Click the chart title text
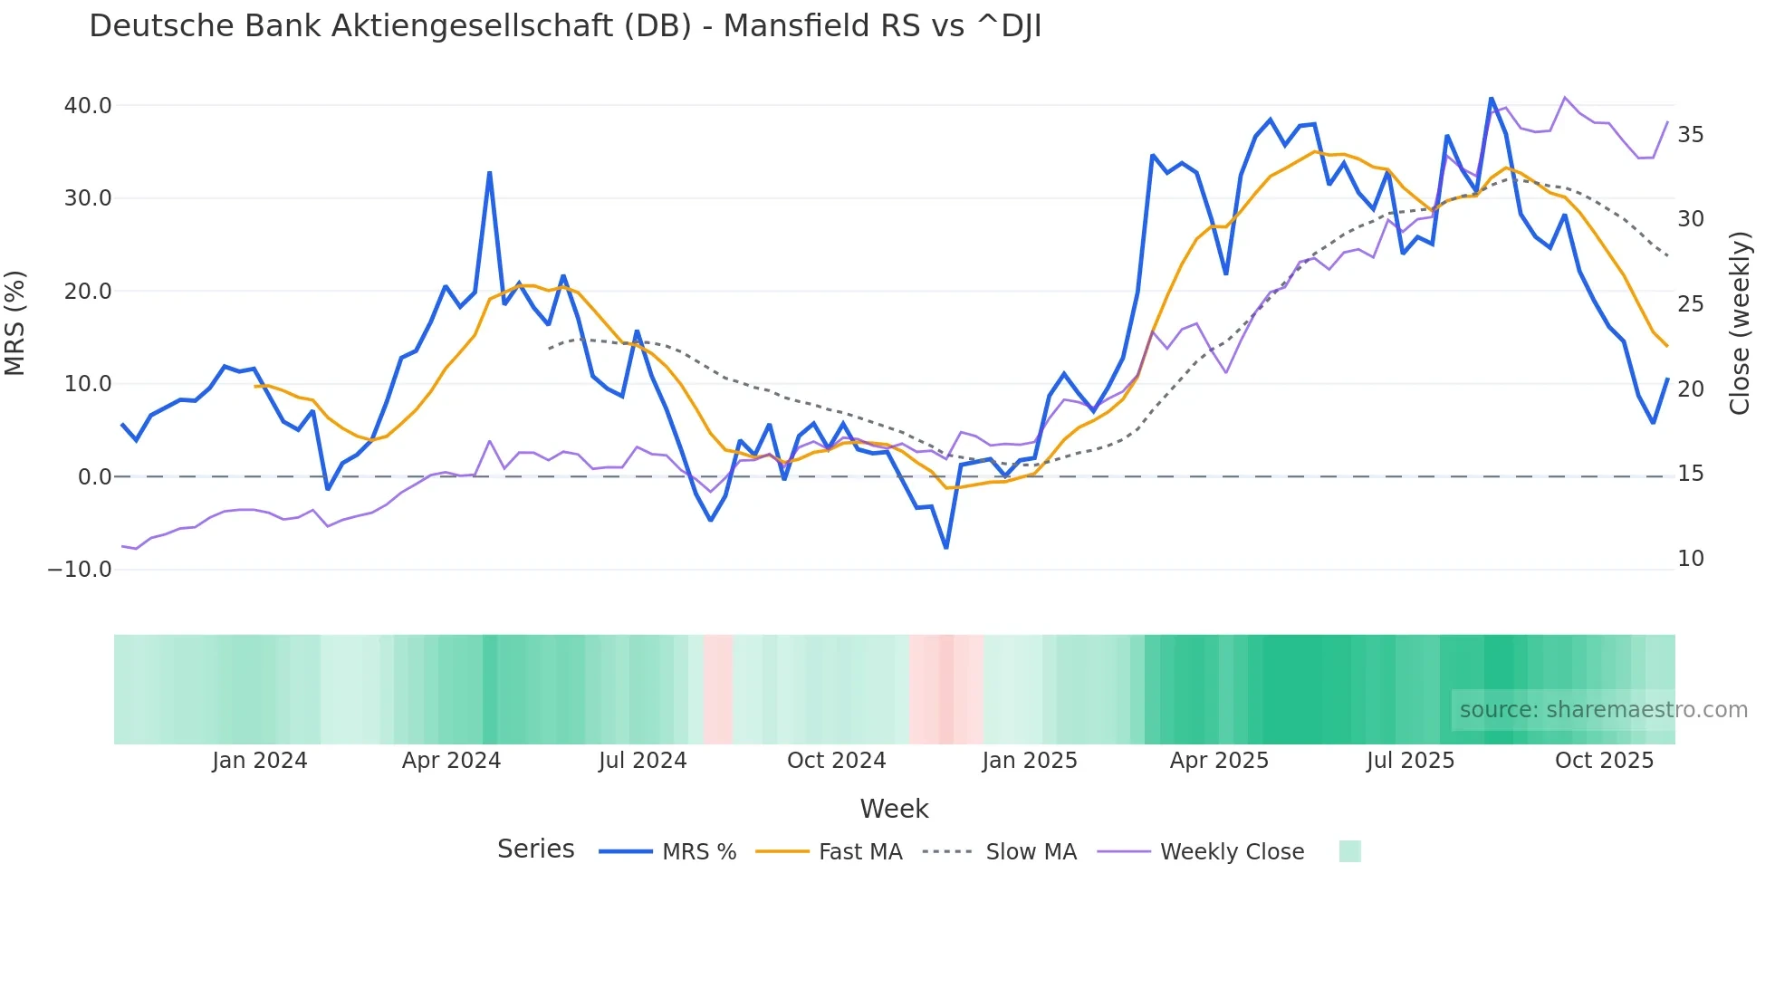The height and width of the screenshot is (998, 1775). pyautogui.click(x=565, y=26)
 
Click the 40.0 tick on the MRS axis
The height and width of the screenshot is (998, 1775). pyautogui.click(x=88, y=106)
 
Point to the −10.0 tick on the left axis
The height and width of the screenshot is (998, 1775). pyautogui.click(x=80, y=570)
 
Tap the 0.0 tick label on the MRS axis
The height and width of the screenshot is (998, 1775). pyautogui.click(x=94, y=477)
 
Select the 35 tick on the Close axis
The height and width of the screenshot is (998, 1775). pyautogui.click(x=1690, y=135)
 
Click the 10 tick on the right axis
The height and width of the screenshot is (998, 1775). pyautogui.click(x=1690, y=559)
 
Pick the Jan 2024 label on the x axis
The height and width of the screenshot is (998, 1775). pyautogui.click(x=260, y=761)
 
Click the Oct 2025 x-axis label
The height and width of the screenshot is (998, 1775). pyautogui.click(x=1604, y=761)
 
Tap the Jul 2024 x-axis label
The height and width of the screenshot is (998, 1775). pyautogui.click(x=643, y=761)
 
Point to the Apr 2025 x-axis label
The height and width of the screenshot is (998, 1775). pyautogui.click(x=1219, y=761)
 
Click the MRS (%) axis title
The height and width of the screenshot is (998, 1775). pyautogui.click(x=15, y=323)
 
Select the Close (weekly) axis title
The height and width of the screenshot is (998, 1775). pyautogui.click(x=1739, y=323)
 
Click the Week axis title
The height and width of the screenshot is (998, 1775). pyautogui.click(x=894, y=809)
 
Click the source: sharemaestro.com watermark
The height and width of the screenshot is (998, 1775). pyautogui.click(x=1603, y=710)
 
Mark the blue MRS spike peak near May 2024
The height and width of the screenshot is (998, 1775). pyautogui.click(x=490, y=172)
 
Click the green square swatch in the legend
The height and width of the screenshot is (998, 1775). pyautogui.click(x=1349, y=851)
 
